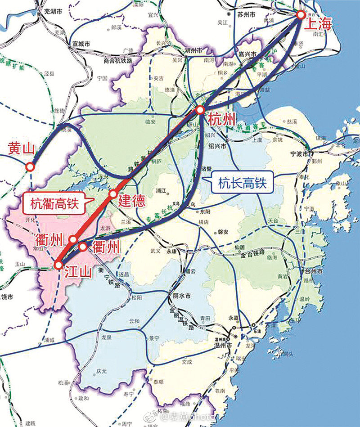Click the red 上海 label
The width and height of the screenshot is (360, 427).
(318, 23)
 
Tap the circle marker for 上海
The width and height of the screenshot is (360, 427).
(301, 15)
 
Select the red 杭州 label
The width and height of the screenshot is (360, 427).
(221, 119)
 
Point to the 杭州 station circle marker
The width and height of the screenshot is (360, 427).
(200, 110)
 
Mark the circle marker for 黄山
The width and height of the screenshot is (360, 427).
(30, 167)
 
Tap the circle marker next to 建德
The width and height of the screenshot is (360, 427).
(113, 194)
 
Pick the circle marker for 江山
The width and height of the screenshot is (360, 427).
(58, 265)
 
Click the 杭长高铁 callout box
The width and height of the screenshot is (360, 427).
(243, 183)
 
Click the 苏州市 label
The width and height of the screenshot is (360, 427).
(246, 15)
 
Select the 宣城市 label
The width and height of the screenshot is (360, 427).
(81, 44)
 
